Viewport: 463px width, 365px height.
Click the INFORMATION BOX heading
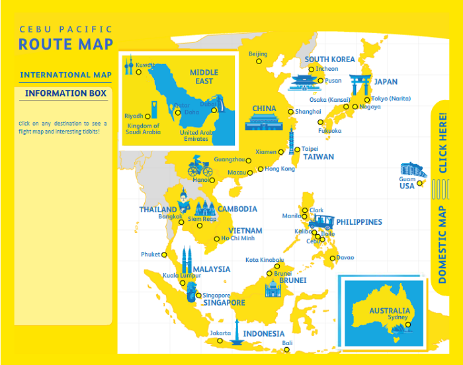click(x=65, y=93)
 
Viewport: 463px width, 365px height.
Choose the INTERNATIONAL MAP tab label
click(x=65, y=75)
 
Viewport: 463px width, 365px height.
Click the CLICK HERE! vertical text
click(x=442, y=143)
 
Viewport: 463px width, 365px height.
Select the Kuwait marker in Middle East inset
click(x=139, y=71)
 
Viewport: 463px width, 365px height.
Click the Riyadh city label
click(x=134, y=116)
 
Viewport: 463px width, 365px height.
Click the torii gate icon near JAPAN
click(x=360, y=85)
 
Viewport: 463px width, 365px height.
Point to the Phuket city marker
click(x=164, y=255)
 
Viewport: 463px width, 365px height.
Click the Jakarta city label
click(x=220, y=333)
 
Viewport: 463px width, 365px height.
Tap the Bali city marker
click(x=287, y=349)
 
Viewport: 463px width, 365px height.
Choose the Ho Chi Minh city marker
click(x=217, y=239)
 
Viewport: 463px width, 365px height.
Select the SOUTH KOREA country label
click(x=329, y=60)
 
